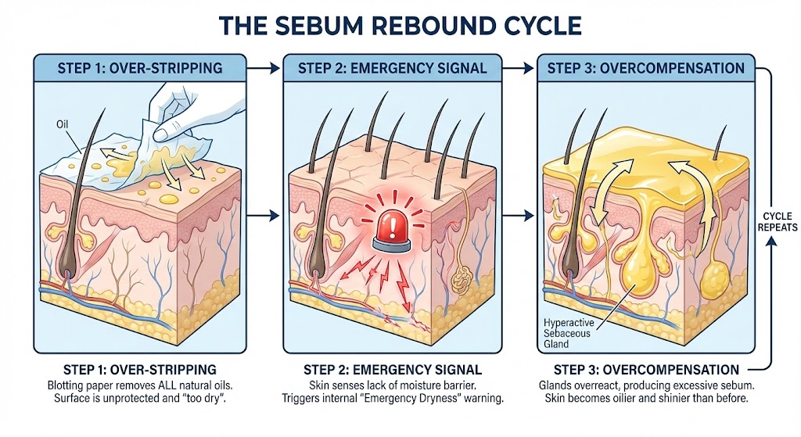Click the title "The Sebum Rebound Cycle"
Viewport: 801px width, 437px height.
[400, 25]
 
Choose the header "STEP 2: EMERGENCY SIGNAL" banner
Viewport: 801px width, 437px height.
[392, 68]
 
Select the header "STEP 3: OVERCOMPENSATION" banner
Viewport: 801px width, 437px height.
[645, 68]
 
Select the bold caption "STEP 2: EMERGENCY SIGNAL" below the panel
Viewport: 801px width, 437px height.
[392, 369]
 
